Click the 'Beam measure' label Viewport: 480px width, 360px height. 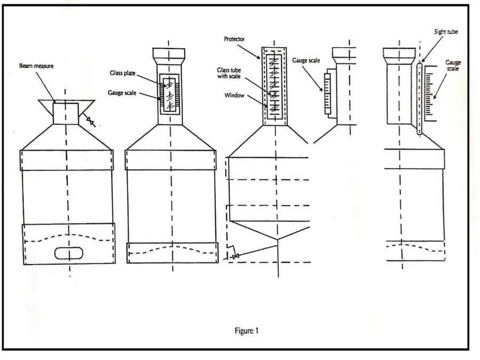(36, 66)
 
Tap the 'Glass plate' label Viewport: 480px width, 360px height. (123, 73)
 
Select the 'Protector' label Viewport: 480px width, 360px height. (234, 39)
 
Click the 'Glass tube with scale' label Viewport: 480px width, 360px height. (229, 73)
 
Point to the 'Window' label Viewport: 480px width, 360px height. (234, 95)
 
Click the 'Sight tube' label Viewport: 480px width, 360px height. (446, 31)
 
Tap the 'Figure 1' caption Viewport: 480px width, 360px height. (246, 331)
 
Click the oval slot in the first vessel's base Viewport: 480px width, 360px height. (69, 253)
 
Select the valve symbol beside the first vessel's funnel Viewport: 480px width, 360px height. (91, 121)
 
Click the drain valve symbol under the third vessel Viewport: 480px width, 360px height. (235, 257)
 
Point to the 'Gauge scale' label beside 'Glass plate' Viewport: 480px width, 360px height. (122, 93)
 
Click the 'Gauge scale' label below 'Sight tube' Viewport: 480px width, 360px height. (453, 65)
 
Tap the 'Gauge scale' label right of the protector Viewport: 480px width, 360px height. (306, 60)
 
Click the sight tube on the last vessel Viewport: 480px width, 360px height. (419, 99)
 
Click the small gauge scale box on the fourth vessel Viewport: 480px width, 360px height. (327, 94)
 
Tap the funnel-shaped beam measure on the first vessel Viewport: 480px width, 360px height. (67, 112)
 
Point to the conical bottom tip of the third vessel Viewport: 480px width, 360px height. (277, 239)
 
